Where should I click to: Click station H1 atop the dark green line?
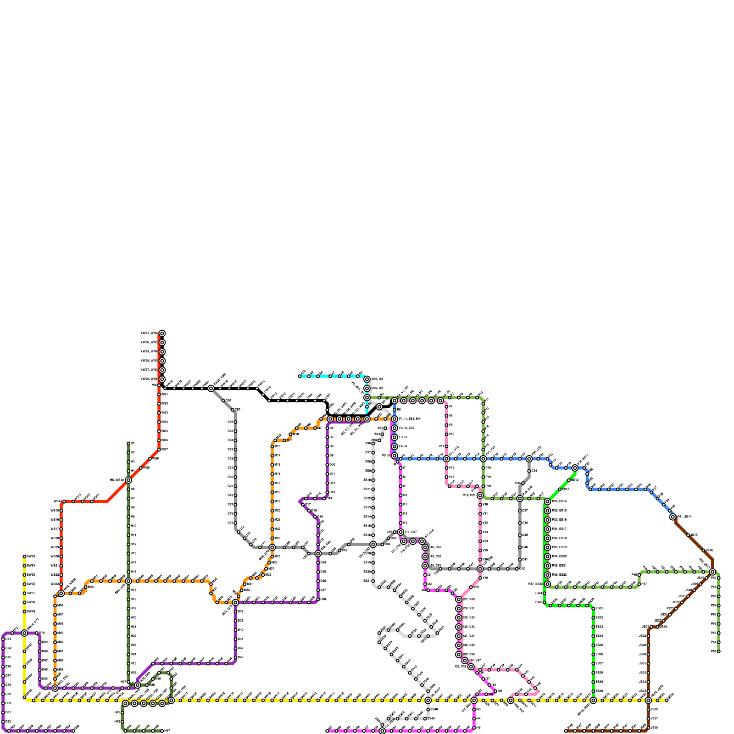click(x=128, y=444)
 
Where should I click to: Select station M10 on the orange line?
click(x=290, y=434)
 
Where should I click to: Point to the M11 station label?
click(x=289, y=440)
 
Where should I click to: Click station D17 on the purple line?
click(x=303, y=504)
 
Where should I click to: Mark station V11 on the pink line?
click(x=446, y=446)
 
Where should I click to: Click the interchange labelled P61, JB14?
click(x=673, y=517)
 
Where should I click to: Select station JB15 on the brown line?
click(x=688, y=535)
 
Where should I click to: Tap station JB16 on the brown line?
click(x=704, y=550)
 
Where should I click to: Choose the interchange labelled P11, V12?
click(x=446, y=459)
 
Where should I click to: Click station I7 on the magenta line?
click(x=400, y=468)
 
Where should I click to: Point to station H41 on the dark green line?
click(x=122, y=712)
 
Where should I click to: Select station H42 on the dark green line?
click(x=122, y=722)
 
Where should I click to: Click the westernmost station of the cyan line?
click(x=300, y=376)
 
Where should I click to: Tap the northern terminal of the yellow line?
click(x=24, y=556)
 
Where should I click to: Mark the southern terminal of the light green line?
click(x=718, y=651)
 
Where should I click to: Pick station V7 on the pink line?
click(x=446, y=407)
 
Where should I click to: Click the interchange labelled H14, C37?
click(x=400, y=532)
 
